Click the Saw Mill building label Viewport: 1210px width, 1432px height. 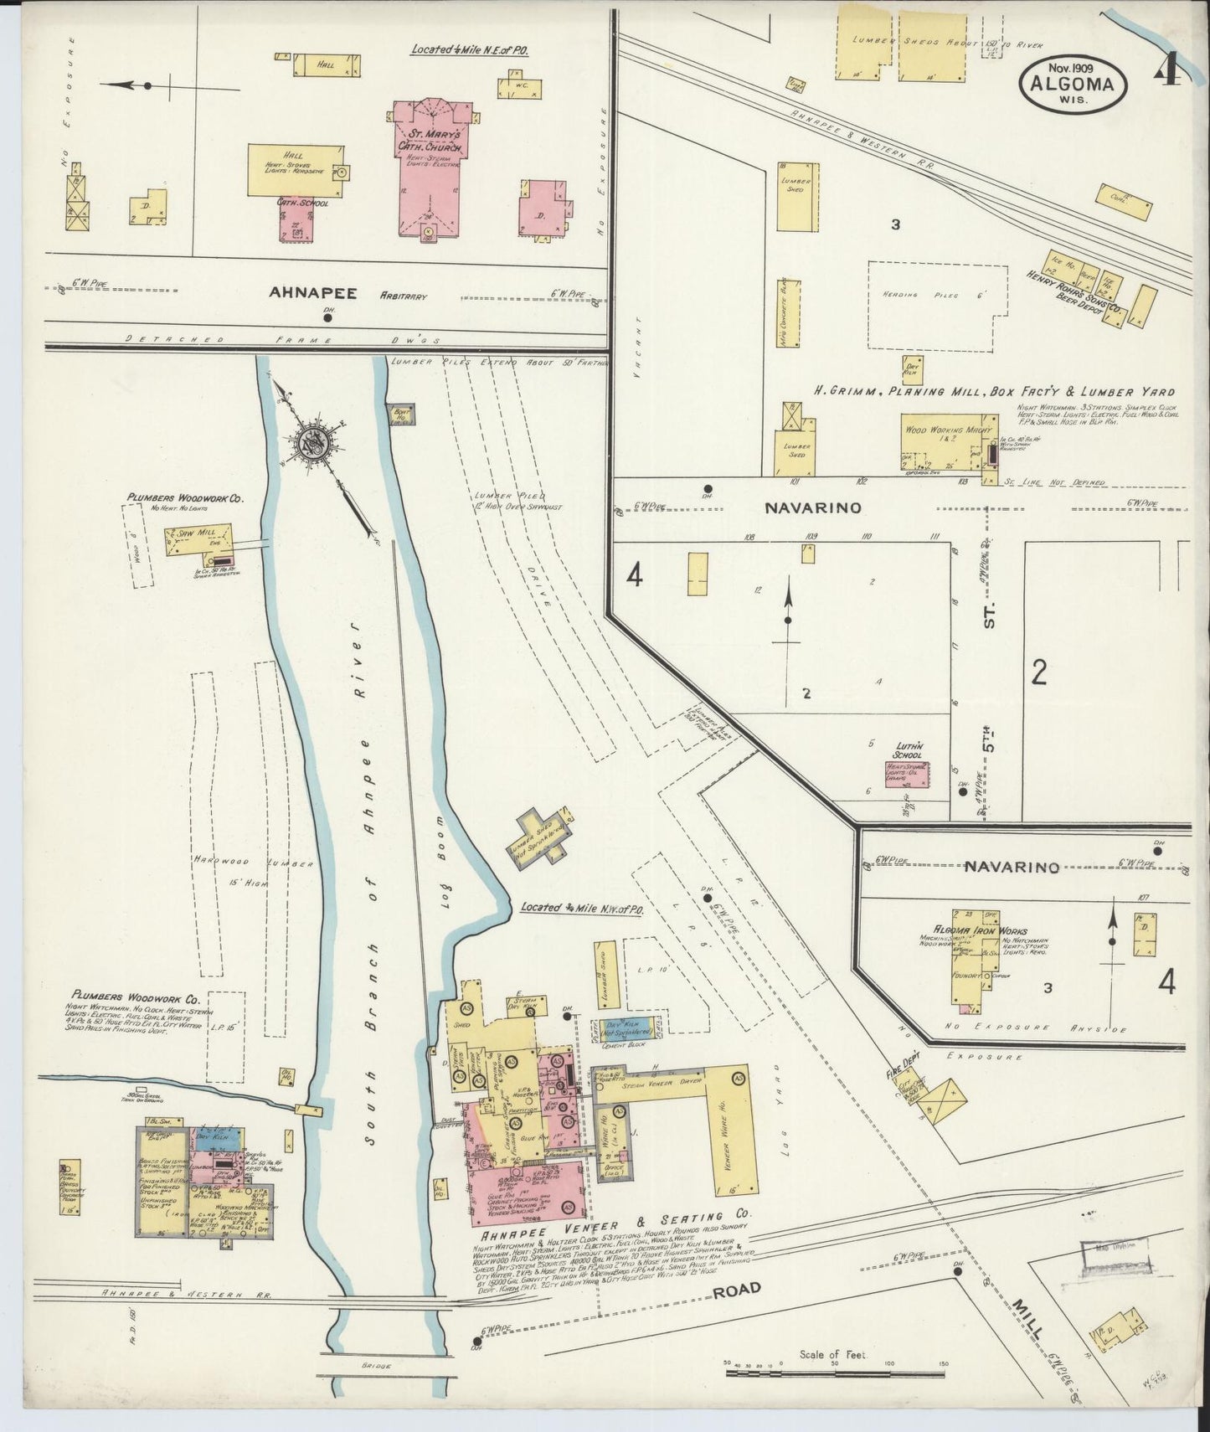(193, 533)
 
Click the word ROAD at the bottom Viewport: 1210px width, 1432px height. (736, 1290)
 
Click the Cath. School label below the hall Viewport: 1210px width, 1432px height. (302, 202)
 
